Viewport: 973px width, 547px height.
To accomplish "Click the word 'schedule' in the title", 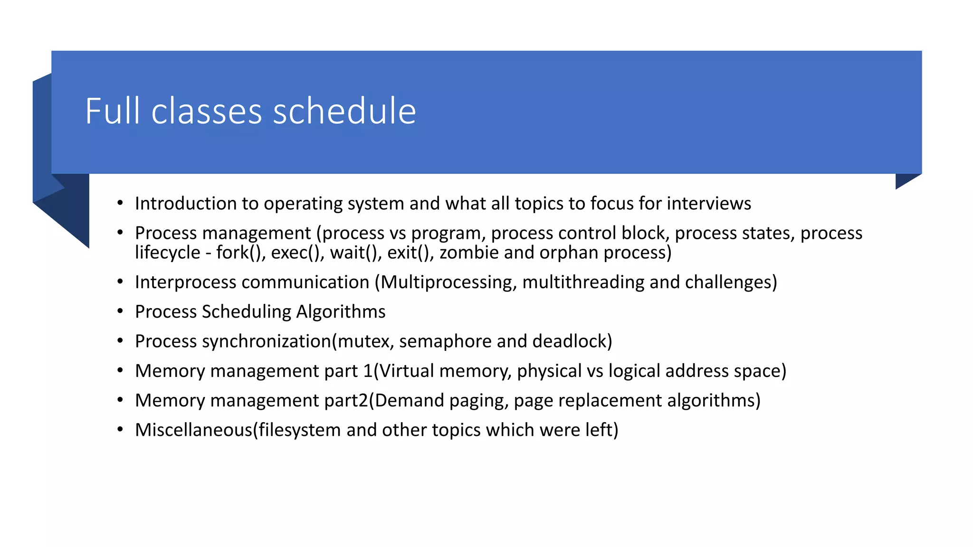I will pos(344,111).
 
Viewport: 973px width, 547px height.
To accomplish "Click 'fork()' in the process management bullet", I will pos(240,253).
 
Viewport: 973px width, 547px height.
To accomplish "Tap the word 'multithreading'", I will pos(583,282).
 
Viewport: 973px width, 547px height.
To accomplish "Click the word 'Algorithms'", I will pos(341,312).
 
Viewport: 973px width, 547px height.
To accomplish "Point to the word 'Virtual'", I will pos(407,371).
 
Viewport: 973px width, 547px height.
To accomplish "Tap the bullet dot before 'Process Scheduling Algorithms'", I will pos(120,311).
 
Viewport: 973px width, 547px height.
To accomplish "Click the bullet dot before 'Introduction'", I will pos(120,203).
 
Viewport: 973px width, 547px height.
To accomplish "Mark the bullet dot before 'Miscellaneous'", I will pos(120,430).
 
